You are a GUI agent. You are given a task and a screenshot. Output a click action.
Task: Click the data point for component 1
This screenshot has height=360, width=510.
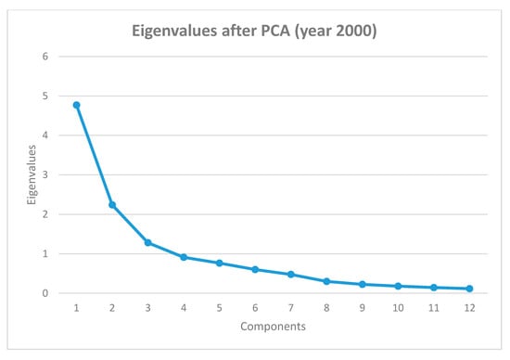tap(76, 105)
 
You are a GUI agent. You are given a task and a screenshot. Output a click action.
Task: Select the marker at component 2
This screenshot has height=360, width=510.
tap(112, 205)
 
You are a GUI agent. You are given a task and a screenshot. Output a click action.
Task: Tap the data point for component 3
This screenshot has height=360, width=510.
tap(147, 242)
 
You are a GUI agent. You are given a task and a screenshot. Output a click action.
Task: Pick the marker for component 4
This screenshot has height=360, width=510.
tap(184, 257)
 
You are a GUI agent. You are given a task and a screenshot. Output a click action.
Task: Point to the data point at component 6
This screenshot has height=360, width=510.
tap(255, 269)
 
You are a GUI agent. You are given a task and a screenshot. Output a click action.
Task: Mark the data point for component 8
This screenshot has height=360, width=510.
tap(326, 281)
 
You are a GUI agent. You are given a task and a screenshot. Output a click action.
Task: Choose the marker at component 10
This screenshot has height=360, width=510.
tap(398, 286)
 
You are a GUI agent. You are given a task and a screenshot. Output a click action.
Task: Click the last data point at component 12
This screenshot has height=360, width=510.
tap(469, 289)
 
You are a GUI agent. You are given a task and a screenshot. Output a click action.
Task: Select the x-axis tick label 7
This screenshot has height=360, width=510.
tap(291, 309)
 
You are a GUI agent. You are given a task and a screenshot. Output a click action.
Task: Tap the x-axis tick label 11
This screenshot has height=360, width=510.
tap(434, 309)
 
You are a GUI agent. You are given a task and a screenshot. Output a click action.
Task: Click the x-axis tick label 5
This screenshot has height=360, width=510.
tap(220, 309)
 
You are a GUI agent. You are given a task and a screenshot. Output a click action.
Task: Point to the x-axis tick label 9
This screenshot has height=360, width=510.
tap(363, 309)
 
